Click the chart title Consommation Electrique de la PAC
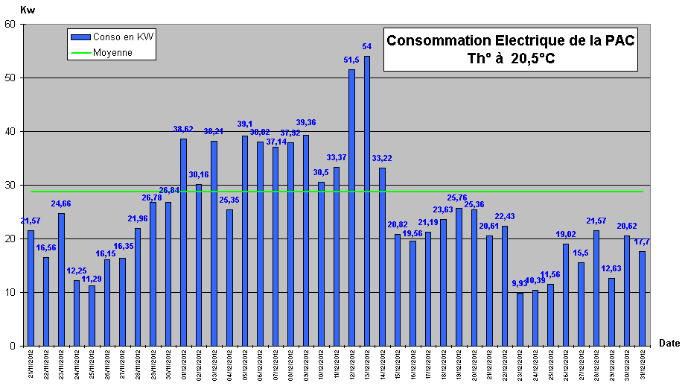[511, 41]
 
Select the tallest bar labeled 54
[367, 201]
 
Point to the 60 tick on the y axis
[10, 24]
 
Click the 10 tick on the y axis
[10, 292]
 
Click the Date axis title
[669, 342]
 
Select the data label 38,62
[183, 128]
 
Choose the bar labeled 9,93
[520, 319]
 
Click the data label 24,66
[61, 203]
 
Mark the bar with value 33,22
[382, 256]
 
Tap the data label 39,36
[306, 122]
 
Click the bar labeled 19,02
[566, 294]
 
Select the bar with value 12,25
[77, 313]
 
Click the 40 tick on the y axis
[10, 131]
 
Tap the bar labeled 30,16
[199, 265]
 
